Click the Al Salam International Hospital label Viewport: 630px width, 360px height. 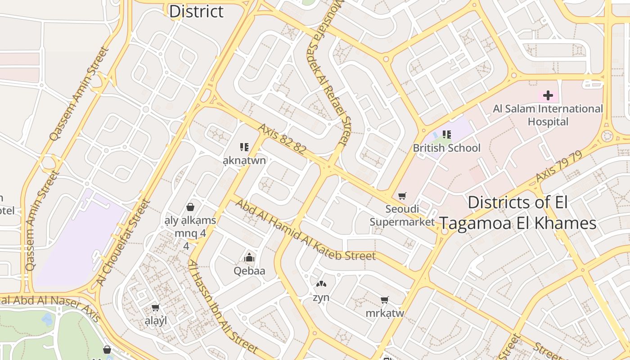click(x=548, y=115)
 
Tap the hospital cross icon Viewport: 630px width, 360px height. click(x=548, y=95)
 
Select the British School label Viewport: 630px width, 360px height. click(x=446, y=148)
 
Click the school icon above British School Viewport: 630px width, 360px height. click(x=446, y=134)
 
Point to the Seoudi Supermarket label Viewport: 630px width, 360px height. click(x=402, y=215)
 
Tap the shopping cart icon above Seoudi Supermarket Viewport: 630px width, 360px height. click(x=402, y=196)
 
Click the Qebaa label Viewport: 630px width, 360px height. click(x=249, y=271)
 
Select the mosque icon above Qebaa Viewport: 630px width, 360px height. click(x=249, y=257)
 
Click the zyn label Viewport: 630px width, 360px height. click(x=321, y=297)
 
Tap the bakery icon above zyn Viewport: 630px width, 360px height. click(x=321, y=284)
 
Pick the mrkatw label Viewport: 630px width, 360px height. click(x=385, y=313)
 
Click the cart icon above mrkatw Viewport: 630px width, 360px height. click(x=385, y=300)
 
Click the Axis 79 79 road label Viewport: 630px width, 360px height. click(x=559, y=167)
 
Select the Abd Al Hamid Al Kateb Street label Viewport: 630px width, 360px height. click(x=305, y=231)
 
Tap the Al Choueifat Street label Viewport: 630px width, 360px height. click(x=123, y=243)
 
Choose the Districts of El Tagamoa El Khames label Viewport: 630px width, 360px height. click(x=517, y=213)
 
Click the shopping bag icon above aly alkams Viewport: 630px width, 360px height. click(x=190, y=207)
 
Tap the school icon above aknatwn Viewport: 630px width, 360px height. click(x=244, y=147)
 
